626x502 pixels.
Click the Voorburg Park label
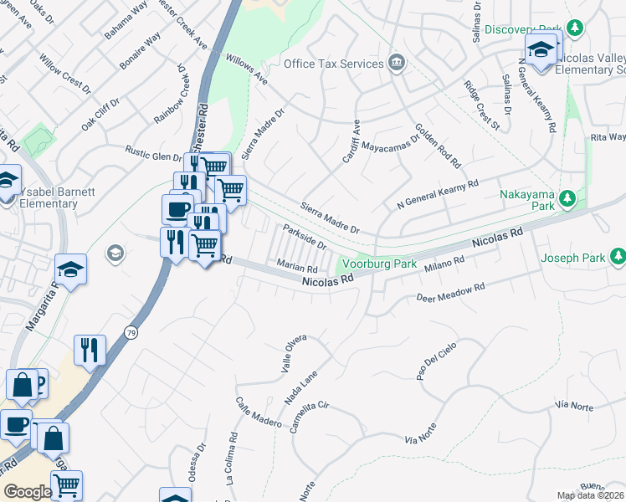click(381, 264)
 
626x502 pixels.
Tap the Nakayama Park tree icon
click(568, 198)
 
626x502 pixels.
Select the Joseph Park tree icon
click(618, 255)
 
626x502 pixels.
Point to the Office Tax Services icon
click(396, 64)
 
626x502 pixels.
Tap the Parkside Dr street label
click(304, 236)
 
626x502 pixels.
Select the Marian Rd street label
click(297, 269)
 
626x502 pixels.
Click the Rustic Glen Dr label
click(153, 155)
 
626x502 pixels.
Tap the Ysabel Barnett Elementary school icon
click(8, 182)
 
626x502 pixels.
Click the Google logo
click(27, 492)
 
